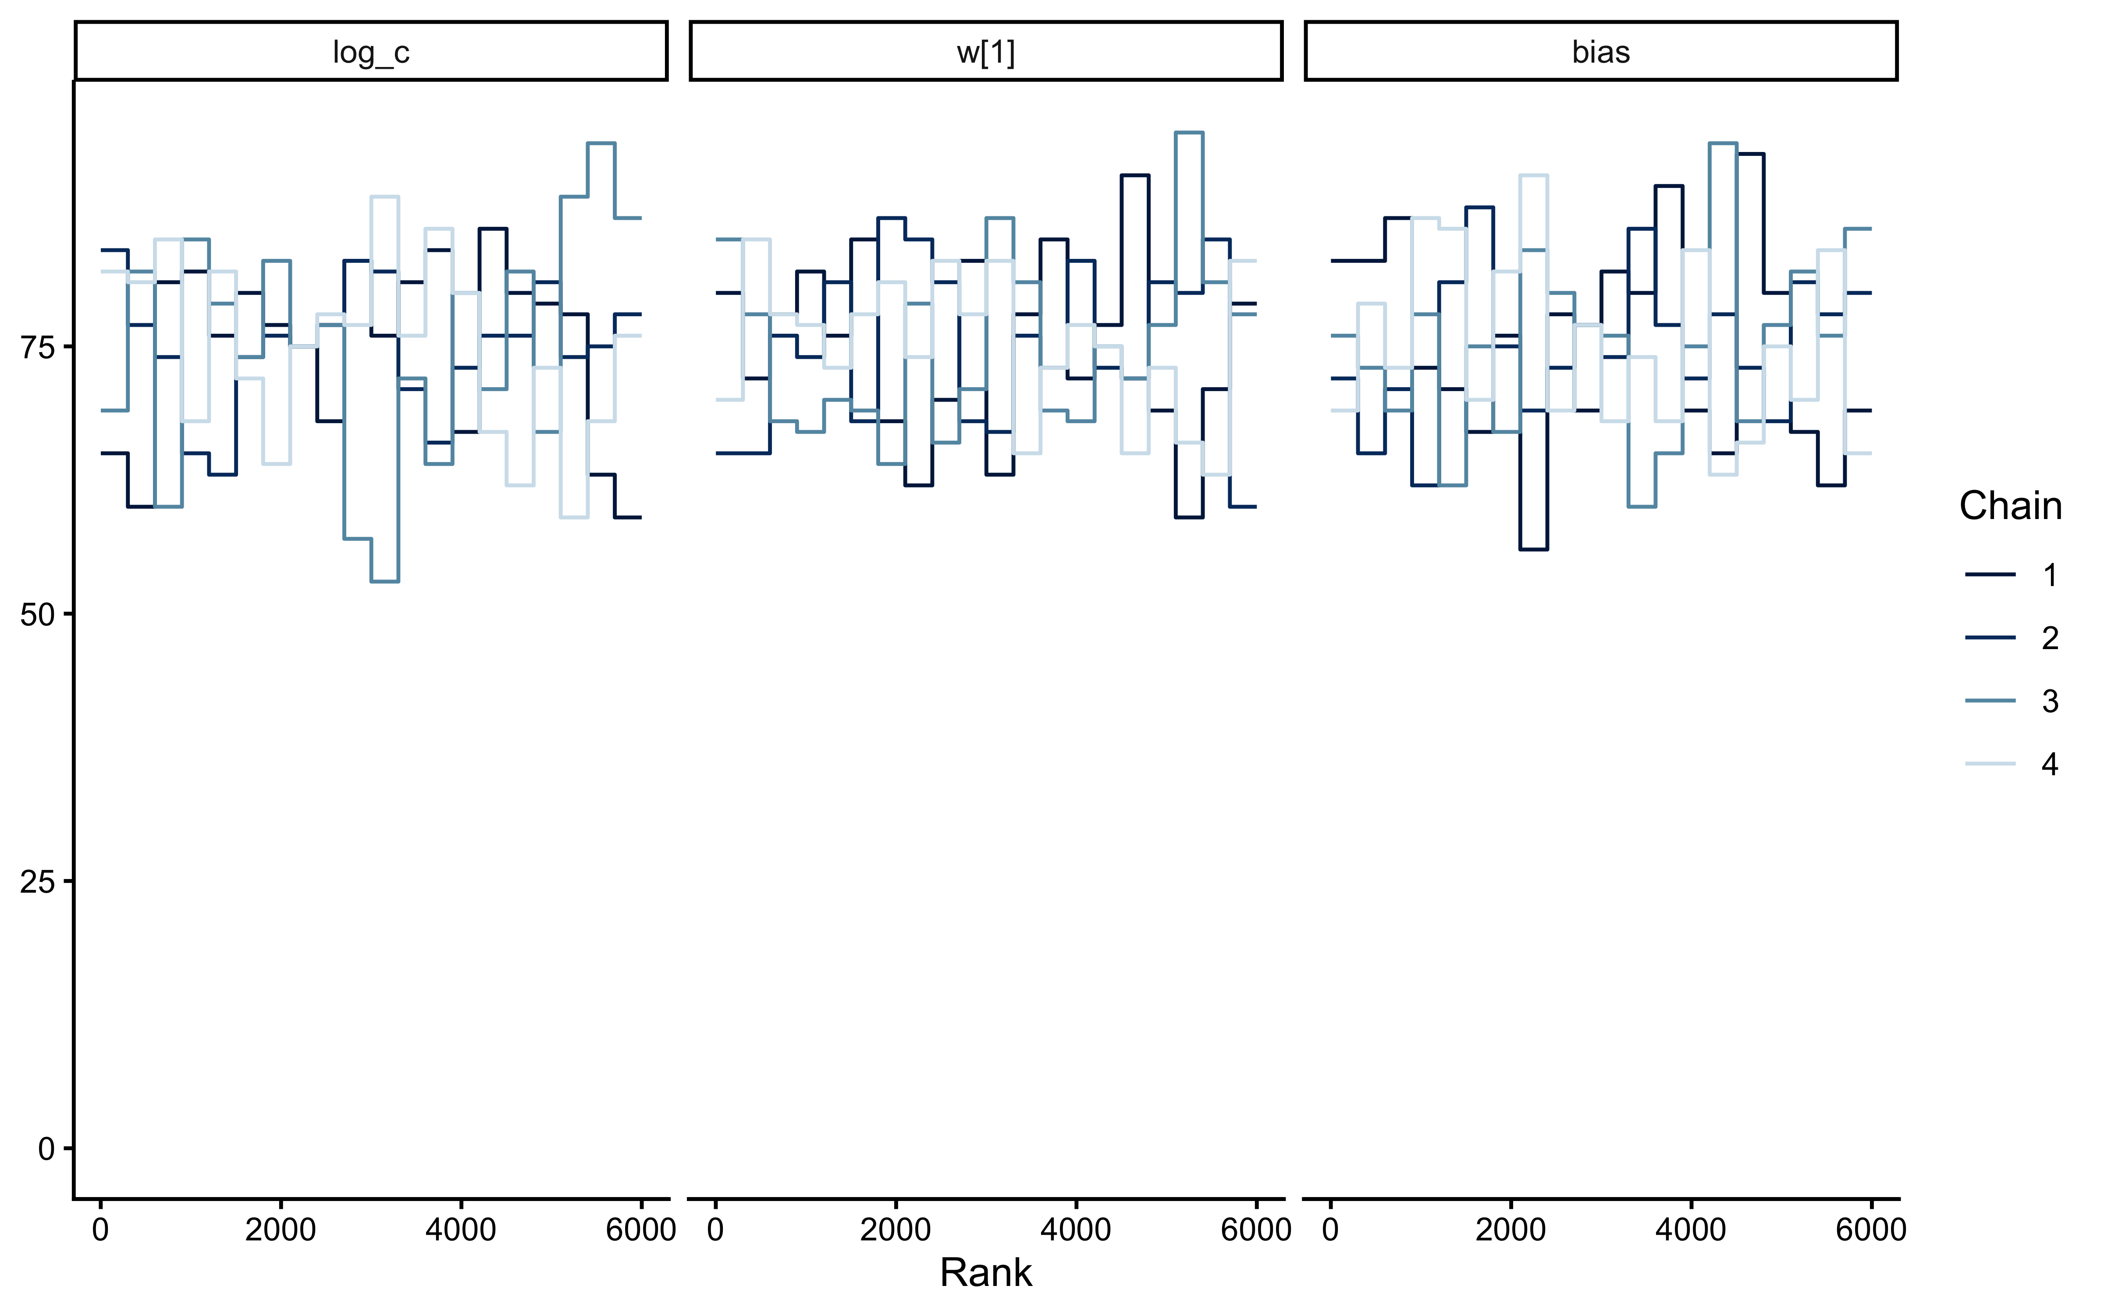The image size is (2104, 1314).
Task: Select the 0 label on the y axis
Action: click(47, 1149)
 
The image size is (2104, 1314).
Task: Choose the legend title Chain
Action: click(2010, 506)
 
